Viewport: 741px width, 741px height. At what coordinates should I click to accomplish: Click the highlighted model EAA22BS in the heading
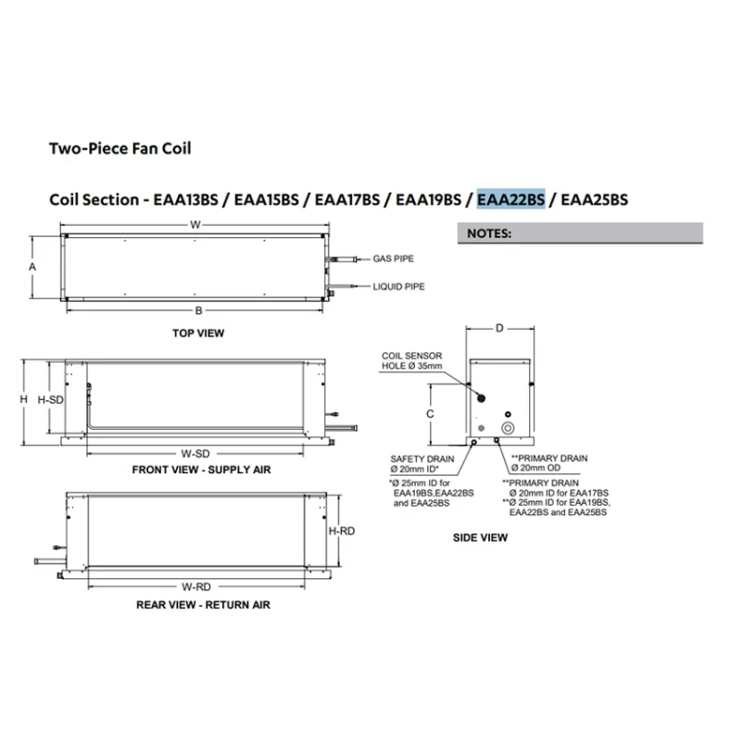pos(511,199)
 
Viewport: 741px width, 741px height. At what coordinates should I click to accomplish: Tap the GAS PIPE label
pos(395,260)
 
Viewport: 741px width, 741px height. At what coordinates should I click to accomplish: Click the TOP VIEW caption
pos(198,333)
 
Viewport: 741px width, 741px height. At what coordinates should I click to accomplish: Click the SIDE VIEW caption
pos(480,537)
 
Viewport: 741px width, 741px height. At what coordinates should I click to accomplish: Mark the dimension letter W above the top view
pos(195,224)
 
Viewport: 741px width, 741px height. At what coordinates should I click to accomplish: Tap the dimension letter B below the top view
pos(198,309)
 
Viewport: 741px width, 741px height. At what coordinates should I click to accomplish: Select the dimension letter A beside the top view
pos(32,266)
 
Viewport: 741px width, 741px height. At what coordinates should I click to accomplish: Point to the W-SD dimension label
pos(195,453)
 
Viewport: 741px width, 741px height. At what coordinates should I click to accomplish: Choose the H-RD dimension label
pos(341,532)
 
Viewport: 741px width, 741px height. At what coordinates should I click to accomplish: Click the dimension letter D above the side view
pos(499,329)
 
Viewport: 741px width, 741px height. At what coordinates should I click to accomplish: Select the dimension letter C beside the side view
pos(431,415)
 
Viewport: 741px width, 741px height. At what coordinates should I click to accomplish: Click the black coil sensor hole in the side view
pos(483,396)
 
